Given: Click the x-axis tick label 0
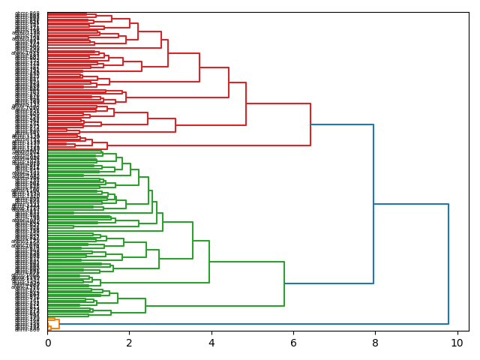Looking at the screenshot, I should pyautogui.click(x=47, y=343).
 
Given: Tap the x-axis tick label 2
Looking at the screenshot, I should pyautogui.click(x=129, y=343).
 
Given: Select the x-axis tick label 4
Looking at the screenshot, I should pyautogui.click(x=211, y=343).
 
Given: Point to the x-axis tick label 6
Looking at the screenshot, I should pyautogui.click(x=293, y=343).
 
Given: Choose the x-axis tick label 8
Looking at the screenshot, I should pyautogui.click(x=375, y=343).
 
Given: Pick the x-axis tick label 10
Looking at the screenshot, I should pyautogui.click(x=455, y=343).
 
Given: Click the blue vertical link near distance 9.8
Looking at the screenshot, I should pyautogui.click(x=448, y=262).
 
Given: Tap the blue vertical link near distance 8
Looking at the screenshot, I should pyautogui.click(x=373, y=202).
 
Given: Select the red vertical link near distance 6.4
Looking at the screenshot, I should pyautogui.click(x=310, y=124).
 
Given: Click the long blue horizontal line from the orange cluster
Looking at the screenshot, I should pyautogui.click(x=255, y=324).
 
